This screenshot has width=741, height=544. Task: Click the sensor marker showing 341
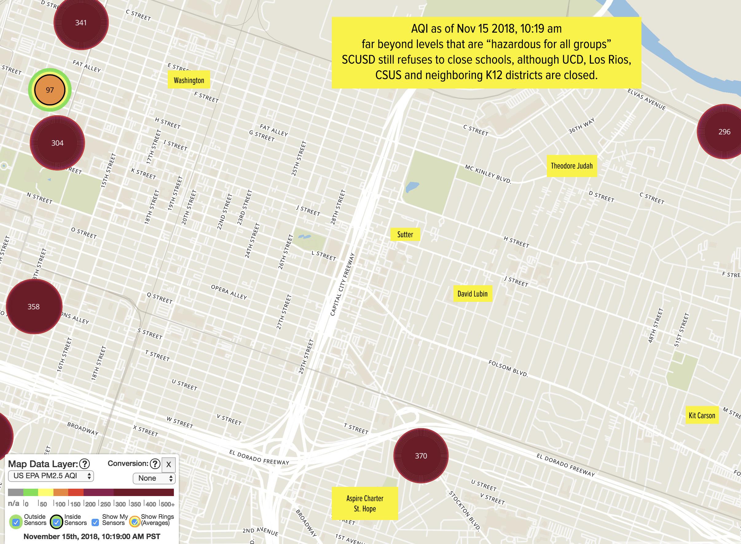coord(81,22)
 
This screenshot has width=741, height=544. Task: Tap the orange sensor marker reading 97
coord(50,90)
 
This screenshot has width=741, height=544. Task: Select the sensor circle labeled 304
coord(57,143)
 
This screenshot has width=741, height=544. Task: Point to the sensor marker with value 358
coord(33,307)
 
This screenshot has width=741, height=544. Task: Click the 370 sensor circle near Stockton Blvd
coord(421,456)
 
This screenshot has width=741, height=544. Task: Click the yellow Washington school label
coord(189,80)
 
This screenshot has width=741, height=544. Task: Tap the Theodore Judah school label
coord(571,166)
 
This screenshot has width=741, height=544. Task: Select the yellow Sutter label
coord(405,234)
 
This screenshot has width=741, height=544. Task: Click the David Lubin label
coord(472,294)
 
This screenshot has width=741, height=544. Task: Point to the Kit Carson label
coord(702,415)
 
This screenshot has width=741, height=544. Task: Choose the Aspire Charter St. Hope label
coord(364,503)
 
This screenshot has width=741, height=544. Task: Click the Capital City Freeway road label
coord(342,284)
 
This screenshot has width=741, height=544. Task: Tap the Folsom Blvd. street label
coord(508,369)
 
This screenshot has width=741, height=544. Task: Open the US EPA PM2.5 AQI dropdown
coord(51,476)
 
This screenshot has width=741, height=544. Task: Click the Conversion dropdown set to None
coord(154,478)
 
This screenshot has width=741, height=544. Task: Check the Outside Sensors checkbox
coord(15,522)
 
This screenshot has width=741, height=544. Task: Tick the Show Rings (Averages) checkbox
coord(134,522)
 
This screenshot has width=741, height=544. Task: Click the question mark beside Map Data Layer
coord(84,464)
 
